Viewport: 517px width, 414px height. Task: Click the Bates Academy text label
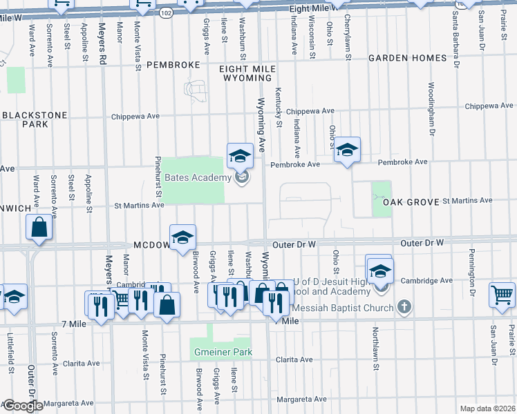pos(197,178)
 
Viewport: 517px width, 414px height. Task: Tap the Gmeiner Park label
pos(222,352)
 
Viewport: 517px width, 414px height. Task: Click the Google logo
pos(22,406)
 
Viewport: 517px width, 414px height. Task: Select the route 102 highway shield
pos(166,12)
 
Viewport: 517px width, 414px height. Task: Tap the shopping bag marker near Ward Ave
pos(39,227)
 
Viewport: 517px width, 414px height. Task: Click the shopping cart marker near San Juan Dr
pos(502,294)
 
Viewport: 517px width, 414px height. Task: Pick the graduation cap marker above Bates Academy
pos(240,155)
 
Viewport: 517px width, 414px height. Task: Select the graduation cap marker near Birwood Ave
pos(182,237)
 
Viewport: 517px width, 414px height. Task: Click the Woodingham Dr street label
pos(431,109)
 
